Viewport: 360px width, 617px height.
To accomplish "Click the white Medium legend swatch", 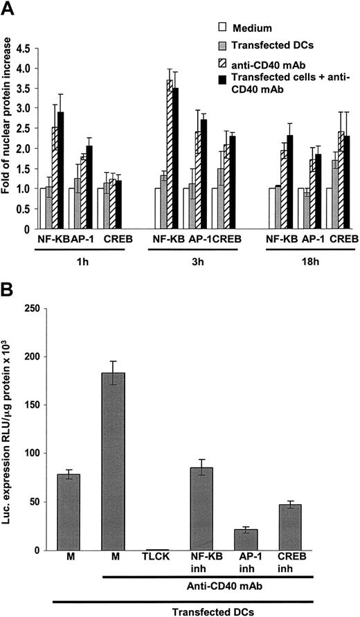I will click(223, 28).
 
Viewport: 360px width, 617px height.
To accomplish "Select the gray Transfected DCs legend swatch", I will click(223, 45).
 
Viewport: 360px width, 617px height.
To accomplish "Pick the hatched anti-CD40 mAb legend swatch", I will click(223, 63).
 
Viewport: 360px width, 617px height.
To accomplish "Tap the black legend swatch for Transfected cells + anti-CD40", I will click(223, 80).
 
